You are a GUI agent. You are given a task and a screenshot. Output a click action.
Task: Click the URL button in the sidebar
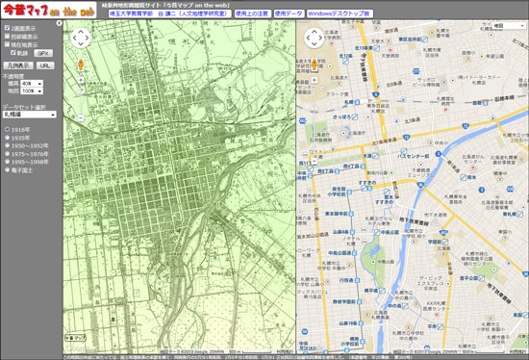click(46, 66)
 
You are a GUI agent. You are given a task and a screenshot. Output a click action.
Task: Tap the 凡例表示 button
click(19, 66)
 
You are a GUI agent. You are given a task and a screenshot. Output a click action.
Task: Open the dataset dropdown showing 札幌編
click(30, 116)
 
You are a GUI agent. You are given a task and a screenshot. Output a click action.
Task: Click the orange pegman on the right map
click(313, 67)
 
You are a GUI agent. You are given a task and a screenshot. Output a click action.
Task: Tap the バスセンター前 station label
click(418, 155)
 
